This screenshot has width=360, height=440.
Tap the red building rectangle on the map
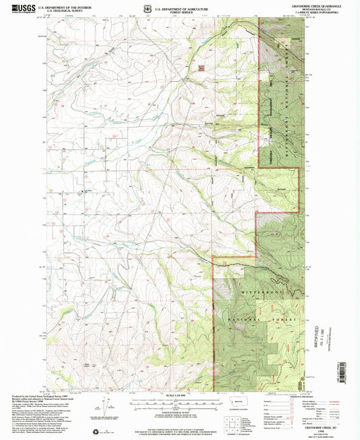tap(201, 67)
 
